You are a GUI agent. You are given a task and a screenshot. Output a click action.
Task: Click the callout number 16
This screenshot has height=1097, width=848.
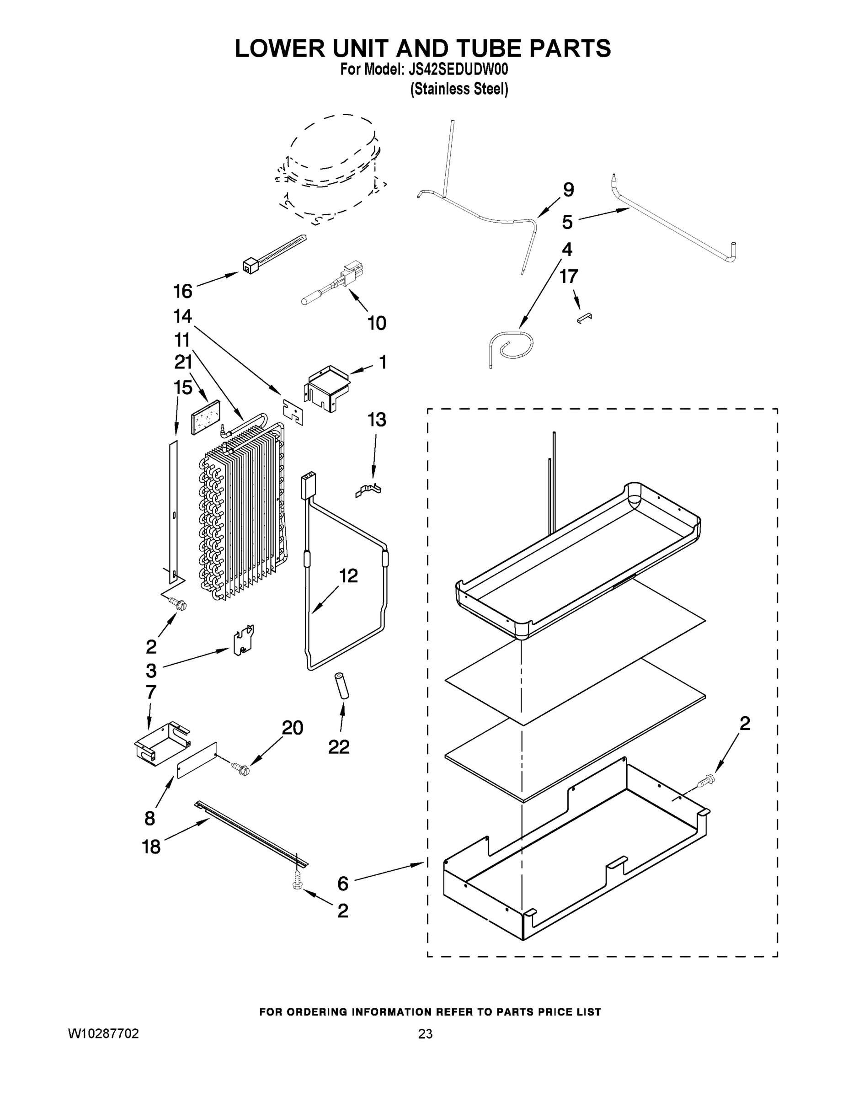click(182, 291)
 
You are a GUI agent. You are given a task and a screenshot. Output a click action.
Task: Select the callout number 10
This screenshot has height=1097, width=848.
click(377, 323)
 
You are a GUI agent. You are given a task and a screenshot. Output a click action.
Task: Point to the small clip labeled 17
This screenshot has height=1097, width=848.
click(584, 319)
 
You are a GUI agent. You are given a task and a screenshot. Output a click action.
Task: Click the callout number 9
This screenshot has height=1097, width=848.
click(568, 190)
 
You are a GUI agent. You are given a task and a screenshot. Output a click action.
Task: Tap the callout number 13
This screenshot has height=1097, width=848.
click(377, 420)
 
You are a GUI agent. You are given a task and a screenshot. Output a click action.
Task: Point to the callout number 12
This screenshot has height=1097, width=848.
click(349, 575)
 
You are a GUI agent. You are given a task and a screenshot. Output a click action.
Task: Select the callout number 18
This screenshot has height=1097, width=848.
click(151, 847)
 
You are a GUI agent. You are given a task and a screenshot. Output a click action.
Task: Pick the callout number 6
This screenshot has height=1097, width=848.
click(342, 884)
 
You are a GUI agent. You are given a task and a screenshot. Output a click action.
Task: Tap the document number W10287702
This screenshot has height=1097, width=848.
click(103, 1033)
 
